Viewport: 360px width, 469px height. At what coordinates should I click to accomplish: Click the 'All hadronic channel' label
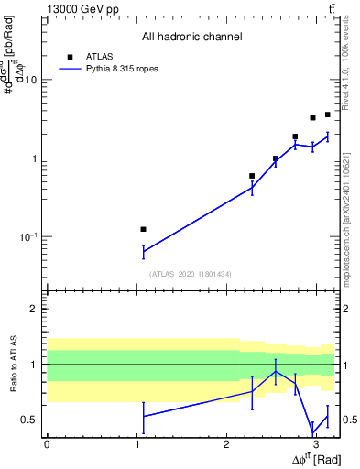(x=191, y=37)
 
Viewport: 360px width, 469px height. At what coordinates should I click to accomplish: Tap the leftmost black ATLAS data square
(x=143, y=229)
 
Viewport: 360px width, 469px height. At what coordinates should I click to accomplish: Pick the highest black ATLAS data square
(x=327, y=115)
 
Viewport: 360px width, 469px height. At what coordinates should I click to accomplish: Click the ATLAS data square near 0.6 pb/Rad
(x=252, y=175)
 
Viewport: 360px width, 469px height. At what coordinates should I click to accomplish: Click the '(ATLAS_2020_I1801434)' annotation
(x=191, y=274)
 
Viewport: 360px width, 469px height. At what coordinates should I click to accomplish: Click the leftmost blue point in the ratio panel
(x=143, y=416)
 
